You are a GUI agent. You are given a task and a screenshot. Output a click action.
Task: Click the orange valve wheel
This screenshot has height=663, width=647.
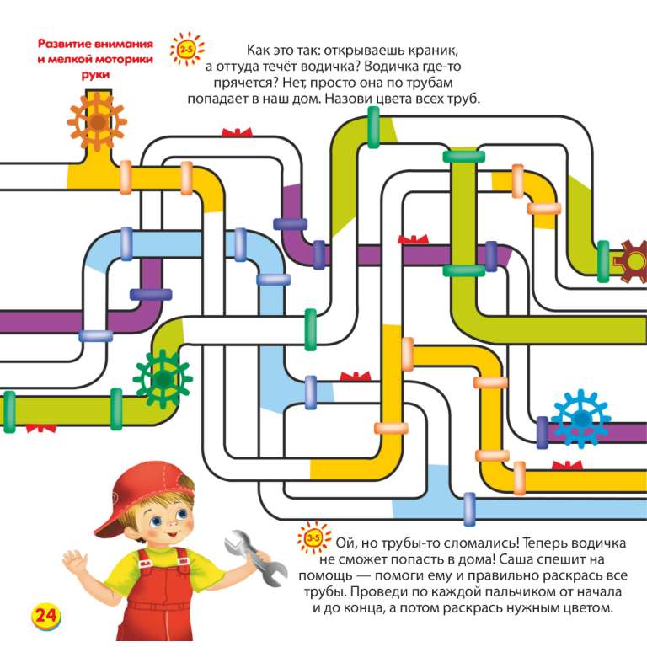pos(97,122)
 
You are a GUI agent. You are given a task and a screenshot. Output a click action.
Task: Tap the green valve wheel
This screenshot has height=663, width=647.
pos(163,379)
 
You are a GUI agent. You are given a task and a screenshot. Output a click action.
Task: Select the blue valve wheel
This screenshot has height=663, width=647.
pos(581,419)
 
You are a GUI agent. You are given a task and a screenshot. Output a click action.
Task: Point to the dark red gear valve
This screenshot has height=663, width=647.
pos(633,261)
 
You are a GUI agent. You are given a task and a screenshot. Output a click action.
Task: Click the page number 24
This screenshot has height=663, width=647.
pos(45,615)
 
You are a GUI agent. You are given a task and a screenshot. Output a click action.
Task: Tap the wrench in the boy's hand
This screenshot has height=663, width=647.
pos(255,558)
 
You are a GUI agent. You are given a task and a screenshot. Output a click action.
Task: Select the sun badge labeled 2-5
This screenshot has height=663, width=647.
pos(186,49)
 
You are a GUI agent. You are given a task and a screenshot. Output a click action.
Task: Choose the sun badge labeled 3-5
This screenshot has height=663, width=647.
pos(313,537)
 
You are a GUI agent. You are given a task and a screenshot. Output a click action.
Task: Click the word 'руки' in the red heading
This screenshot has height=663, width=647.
pos(95,75)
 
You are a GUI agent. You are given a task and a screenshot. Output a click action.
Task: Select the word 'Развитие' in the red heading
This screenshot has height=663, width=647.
pos(64,44)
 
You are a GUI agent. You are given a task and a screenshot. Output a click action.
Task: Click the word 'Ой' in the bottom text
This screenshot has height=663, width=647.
pos(345,543)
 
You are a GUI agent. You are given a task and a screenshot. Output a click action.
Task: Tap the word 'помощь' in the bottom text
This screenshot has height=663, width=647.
pos(325,576)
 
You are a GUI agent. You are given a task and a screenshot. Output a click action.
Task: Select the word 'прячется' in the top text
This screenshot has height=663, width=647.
pos(248,83)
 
